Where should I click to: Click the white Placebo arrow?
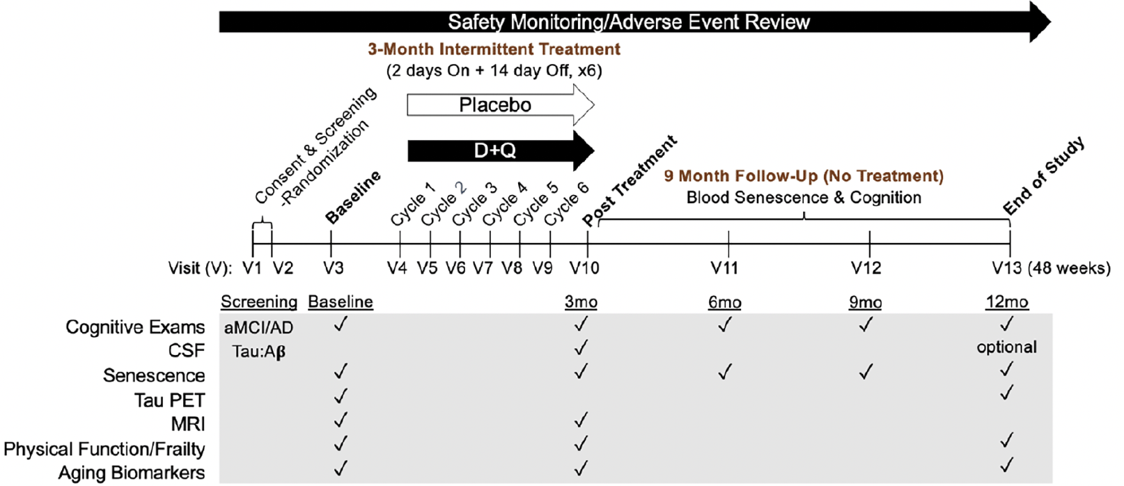pyautogui.click(x=500, y=105)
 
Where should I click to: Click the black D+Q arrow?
pyautogui.click(x=500, y=150)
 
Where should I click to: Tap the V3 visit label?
pyautogui.click(x=333, y=268)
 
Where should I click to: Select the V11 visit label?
pyautogui.click(x=724, y=268)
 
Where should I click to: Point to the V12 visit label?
pyautogui.click(x=866, y=268)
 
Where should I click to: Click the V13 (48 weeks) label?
pyautogui.click(x=1052, y=268)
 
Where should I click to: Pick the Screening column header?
pyautogui.click(x=259, y=302)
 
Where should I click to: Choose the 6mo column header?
pyautogui.click(x=724, y=302)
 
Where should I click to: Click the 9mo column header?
pyautogui.click(x=865, y=302)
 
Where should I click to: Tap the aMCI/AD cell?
pyautogui.click(x=258, y=327)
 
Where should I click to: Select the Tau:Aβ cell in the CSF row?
pyautogui.click(x=259, y=352)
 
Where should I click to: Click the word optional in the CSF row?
pyautogui.click(x=1006, y=347)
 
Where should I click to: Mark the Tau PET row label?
pyautogui.click(x=170, y=400)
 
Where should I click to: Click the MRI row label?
pyautogui.click(x=188, y=424)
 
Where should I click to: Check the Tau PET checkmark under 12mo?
pyautogui.click(x=1006, y=392)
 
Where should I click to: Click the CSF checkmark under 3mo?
pyautogui.click(x=581, y=347)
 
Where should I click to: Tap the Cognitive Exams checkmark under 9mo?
pyautogui.click(x=866, y=325)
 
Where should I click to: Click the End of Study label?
pyautogui.click(x=1044, y=176)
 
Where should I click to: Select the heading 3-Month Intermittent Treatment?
pyautogui.click(x=494, y=49)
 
